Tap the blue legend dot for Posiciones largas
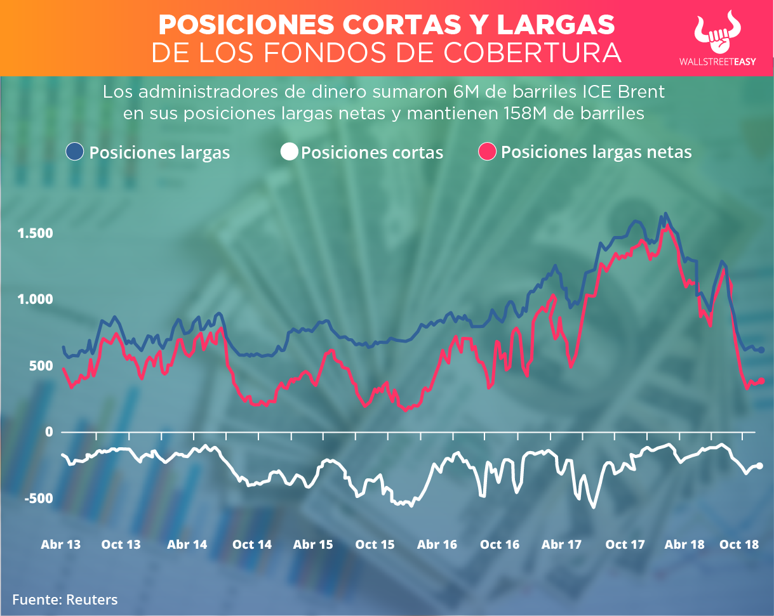pos(75,152)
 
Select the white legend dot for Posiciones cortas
pos(290,152)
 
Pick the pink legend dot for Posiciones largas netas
pos(487,152)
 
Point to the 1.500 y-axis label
pos(36,233)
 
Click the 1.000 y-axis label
pos(36,299)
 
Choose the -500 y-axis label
pos(39,499)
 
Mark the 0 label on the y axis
pos(48,432)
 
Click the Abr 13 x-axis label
pos(61,544)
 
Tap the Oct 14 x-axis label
pos(252,544)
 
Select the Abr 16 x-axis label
pos(437,544)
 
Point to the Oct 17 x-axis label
pos(625,544)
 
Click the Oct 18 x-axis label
pos(739,544)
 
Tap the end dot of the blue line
pos(761,350)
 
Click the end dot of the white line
pos(760,466)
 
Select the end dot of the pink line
pos(761,381)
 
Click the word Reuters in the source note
pos(92,600)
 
